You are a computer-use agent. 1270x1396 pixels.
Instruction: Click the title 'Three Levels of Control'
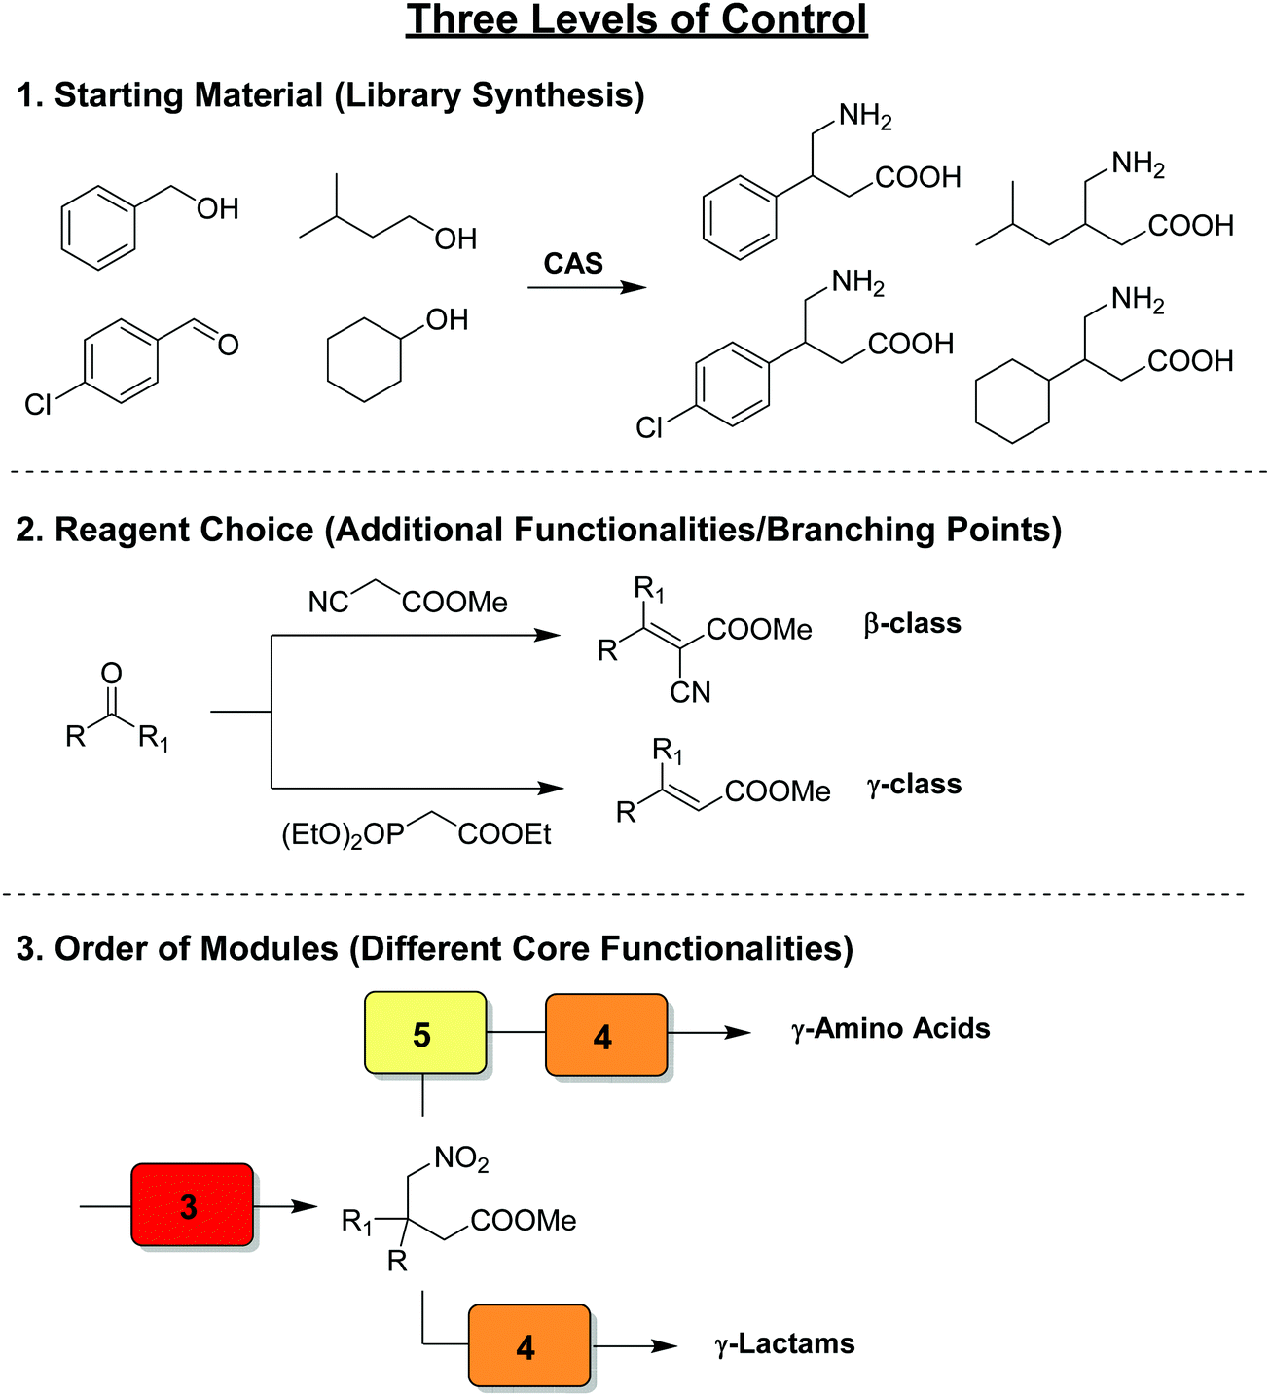pos(636,20)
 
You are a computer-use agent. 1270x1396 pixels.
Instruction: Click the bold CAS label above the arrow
pos(573,263)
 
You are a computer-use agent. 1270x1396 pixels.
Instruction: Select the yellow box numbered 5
pos(424,1033)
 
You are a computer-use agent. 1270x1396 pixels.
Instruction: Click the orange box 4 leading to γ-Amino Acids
pos(605,1036)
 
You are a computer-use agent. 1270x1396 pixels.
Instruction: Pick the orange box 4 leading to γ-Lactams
pos(528,1346)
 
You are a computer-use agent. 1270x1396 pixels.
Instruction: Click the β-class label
pos(912,623)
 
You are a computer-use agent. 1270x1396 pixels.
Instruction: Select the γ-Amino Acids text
pos(889,1028)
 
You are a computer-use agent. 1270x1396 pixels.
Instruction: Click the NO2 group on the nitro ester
pos(461,1158)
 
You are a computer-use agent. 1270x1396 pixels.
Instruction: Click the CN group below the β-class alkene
pos(690,692)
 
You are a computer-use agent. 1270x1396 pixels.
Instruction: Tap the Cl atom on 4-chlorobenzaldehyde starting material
pos(38,404)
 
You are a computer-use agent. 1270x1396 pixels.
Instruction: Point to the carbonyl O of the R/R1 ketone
pos(112,673)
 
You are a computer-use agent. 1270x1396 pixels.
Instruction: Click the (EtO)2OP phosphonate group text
pos(343,835)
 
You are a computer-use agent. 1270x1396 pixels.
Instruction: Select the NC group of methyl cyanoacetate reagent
pos(328,603)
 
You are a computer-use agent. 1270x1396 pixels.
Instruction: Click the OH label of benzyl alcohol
pos(217,208)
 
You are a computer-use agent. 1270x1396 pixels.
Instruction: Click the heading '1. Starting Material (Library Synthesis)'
pos(331,95)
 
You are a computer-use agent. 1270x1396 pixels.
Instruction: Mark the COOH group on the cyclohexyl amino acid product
pos(1190,361)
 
